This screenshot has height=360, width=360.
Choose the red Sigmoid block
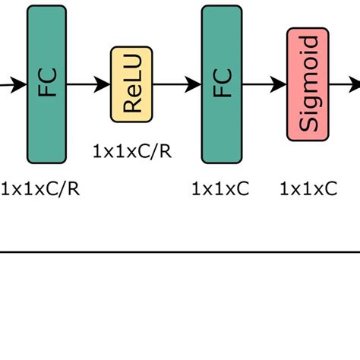pos(308,84)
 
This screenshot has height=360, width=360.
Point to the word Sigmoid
pos(308,84)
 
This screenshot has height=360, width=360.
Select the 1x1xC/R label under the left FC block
pos(39,188)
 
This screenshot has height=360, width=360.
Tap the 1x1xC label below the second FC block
pos(220,188)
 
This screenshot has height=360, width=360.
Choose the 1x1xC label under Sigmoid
pos(308,188)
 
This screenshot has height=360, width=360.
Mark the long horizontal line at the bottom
pos(180,251)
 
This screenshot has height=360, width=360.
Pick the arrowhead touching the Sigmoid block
pos(279,84)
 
